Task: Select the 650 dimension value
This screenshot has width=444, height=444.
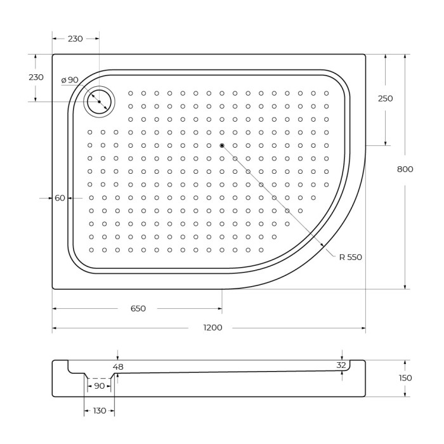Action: pos(138,309)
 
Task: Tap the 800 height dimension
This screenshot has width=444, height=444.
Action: pos(405,169)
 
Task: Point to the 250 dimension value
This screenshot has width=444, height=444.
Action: pos(385,98)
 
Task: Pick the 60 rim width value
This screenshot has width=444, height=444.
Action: pos(60,198)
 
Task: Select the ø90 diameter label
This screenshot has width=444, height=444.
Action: pos(70,80)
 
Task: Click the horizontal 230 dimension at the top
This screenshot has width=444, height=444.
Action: pos(75,39)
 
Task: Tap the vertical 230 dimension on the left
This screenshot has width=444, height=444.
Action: pos(36,77)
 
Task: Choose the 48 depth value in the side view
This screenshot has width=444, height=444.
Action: pos(118,367)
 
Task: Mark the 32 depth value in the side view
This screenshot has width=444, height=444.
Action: pos(341,365)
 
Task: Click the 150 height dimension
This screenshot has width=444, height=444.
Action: pos(405,378)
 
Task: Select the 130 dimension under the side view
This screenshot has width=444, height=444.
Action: pos(100,411)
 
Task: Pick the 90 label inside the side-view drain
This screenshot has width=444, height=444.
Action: pos(100,386)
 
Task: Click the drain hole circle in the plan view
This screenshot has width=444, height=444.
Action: pos(99,101)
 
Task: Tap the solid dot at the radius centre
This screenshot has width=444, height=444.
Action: pos(222,146)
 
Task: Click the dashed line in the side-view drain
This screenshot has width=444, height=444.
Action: pos(100,378)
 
